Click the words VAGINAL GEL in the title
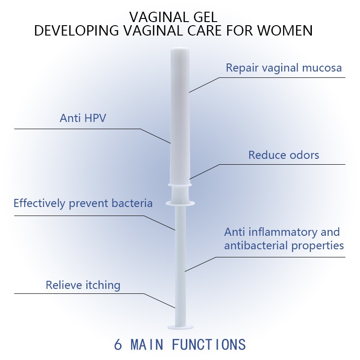[x=173, y=17]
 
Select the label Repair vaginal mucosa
[x=283, y=68]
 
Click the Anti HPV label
[x=83, y=118]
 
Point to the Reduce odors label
[x=283, y=155]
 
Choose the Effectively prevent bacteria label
[x=83, y=203]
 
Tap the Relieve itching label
[x=83, y=285]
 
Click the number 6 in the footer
[x=118, y=345]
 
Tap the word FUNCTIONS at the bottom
[x=209, y=345]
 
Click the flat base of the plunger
[x=180, y=326]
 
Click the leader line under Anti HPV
[x=76, y=129]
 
